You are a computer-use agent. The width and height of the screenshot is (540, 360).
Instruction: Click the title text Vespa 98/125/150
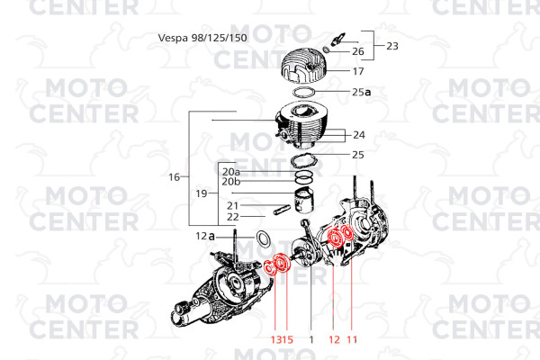[x=202, y=38]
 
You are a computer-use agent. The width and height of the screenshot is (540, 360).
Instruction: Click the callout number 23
[x=392, y=46]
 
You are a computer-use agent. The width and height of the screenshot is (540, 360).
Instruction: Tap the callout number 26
[x=358, y=51]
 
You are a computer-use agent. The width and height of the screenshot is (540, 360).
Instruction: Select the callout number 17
[x=358, y=71]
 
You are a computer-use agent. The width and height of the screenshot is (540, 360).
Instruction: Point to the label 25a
[x=362, y=92]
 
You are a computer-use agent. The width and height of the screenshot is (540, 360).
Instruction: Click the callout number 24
[x=359, y=135]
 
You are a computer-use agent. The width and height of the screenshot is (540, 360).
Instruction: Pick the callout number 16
[x=175, y=177]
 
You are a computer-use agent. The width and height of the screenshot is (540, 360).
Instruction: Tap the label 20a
[x=231, y=172]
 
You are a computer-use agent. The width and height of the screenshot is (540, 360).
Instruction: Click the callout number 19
[x=202, y=193]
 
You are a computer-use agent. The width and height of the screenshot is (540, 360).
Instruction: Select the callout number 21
[x=233, y=206]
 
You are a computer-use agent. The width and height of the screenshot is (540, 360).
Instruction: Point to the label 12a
[x=205, y=237]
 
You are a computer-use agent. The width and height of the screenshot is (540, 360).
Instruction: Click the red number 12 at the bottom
[x=334, y=339]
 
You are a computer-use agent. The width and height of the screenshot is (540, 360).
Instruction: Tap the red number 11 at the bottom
[x=352, y=339]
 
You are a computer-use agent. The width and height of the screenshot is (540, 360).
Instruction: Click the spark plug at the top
[x=337, y=39]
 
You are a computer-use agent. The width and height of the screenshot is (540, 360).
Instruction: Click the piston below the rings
[x=304, y=202]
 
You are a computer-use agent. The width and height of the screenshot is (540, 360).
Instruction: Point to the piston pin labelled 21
[x=282, y=210]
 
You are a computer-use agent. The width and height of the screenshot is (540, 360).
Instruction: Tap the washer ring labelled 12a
[x=263, y=238]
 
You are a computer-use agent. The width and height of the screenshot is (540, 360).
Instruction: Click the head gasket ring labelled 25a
[x=304, y=93]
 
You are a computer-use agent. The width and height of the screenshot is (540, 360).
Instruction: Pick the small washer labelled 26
[x=327, y=49]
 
